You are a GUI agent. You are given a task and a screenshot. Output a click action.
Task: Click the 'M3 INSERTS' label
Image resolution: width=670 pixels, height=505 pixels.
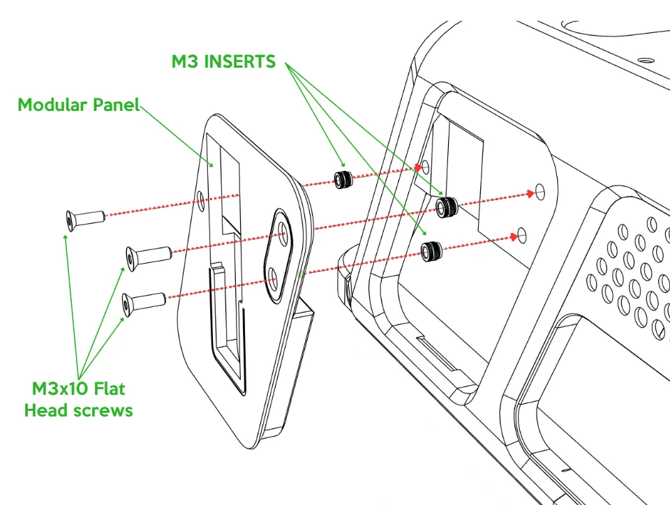(x=223, y=61)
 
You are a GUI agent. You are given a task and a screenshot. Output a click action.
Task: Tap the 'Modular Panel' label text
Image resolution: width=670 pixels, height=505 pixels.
(x=78, y=105)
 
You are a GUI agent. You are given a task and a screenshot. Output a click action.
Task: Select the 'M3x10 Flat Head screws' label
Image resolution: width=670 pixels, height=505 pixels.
(x=78, y=399)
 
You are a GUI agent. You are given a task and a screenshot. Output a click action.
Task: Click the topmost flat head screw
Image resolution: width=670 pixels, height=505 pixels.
(x=84, y=218)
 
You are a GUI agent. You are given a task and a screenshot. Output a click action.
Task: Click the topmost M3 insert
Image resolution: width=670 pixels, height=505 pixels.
(x=343, y=179)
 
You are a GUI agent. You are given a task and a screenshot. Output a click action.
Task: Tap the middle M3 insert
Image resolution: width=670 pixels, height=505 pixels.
(x=445, y=206)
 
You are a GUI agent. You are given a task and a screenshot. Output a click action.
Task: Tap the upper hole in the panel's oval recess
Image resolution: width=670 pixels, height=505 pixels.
(x=283, y=231)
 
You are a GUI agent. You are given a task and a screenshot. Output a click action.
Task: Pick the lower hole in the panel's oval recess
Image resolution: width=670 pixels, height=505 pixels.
(x=274, y=281)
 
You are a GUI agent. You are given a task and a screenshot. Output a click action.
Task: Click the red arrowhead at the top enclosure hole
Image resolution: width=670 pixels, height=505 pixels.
(x=418, y=167)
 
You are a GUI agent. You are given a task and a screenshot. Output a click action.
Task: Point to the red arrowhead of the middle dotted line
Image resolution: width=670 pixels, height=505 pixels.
(x=530, y=193)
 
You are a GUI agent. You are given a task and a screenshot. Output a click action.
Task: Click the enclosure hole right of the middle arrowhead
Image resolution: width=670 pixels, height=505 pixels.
(x=539, y=191)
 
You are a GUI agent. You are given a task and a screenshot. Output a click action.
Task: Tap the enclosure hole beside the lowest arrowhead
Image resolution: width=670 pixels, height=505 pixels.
(x=524, y=233)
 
